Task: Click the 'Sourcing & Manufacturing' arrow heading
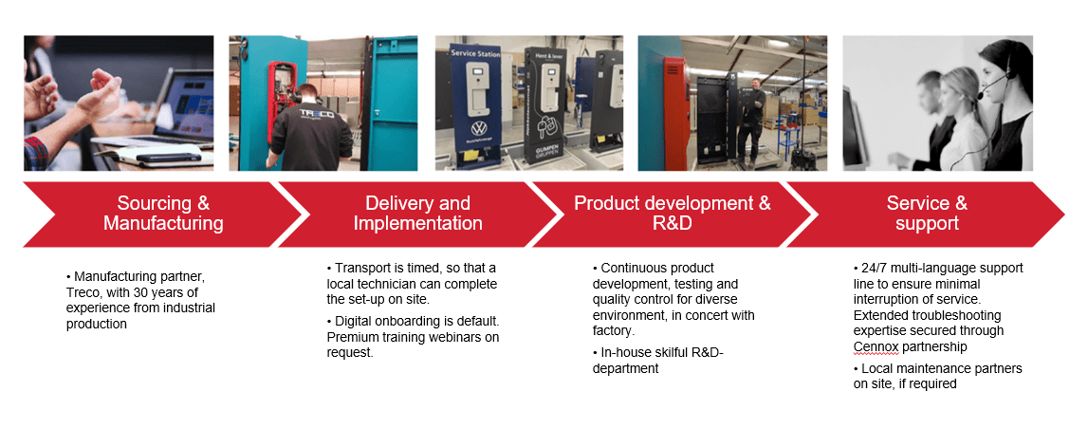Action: point(163,214)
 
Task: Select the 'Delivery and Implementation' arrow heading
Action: point(417,214)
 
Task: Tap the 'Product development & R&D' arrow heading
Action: point(672,214)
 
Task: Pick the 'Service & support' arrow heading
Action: point(927,214)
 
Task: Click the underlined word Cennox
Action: point(874,345)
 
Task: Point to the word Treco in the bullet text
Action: point(83,292)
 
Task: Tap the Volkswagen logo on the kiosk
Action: point(477,128)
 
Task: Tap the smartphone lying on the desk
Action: point(169,157)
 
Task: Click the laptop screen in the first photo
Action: point(187,105)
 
